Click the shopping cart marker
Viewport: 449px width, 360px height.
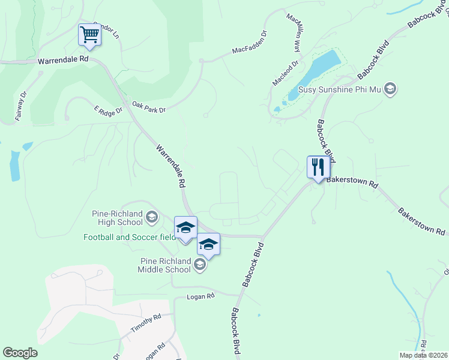pos(89,35)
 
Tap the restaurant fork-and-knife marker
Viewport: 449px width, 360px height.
pos(316,166)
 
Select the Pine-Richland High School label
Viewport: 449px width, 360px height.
pos(118,218)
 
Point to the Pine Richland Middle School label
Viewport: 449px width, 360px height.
pos(165,265)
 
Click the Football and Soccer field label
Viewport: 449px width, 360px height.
pos(129,237)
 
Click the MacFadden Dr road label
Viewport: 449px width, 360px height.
pos(249,43)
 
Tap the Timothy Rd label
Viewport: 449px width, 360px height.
pos(146,324)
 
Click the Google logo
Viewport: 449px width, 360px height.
pos(20,353)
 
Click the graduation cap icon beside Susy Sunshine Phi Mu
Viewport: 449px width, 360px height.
pos(390,89)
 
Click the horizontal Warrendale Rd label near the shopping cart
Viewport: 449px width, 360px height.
pos(62,61)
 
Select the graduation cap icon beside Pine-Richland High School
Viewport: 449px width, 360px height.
pos(152,216)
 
